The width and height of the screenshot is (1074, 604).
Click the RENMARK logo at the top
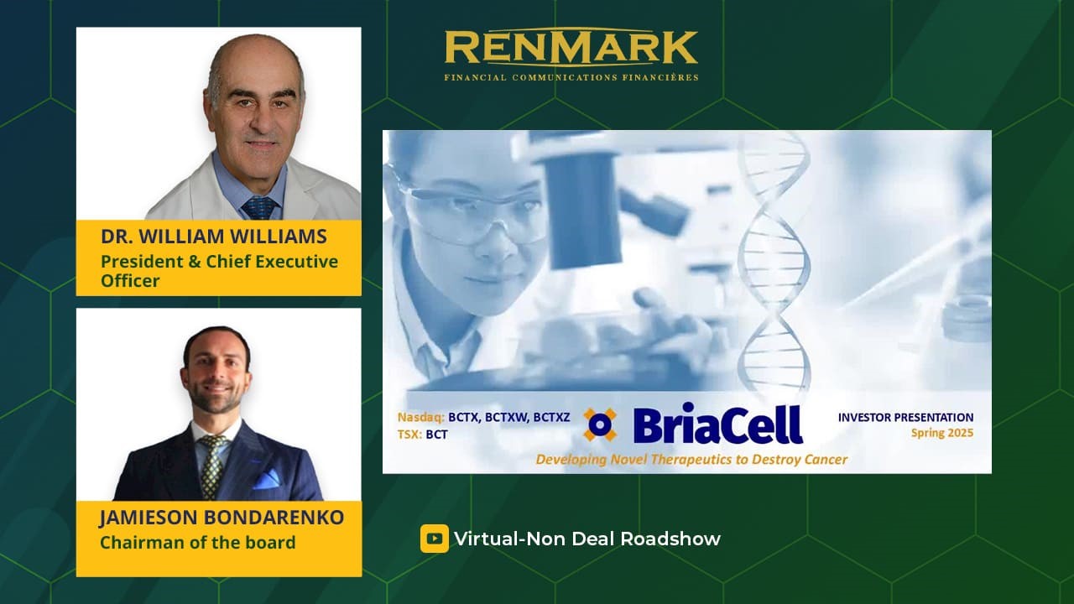(571, 55)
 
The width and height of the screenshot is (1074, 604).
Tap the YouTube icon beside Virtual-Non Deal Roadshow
(435, 539)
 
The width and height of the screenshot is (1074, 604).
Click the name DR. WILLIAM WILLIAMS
(214, 237)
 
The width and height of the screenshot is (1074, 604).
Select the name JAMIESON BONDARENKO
(222, 518)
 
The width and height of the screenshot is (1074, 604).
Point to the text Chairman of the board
(197, 542)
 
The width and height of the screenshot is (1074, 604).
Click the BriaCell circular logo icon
(600, 424)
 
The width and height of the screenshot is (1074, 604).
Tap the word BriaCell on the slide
(717, 424)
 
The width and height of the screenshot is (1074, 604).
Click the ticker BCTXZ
(551, 417)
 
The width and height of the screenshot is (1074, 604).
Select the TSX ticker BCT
(436, 435)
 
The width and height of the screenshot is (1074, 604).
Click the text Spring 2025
(942, 434)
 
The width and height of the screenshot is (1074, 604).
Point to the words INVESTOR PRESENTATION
(905, 417)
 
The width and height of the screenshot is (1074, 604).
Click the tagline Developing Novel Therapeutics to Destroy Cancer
(691, 459)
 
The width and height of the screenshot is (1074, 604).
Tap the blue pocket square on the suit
(266, 479)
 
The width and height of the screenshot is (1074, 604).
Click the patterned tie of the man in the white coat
(259, 208)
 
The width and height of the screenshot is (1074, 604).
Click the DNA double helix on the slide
(774, 263)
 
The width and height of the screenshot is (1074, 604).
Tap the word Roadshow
(670, 539)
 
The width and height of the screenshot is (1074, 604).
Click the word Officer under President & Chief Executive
(130, 280)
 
